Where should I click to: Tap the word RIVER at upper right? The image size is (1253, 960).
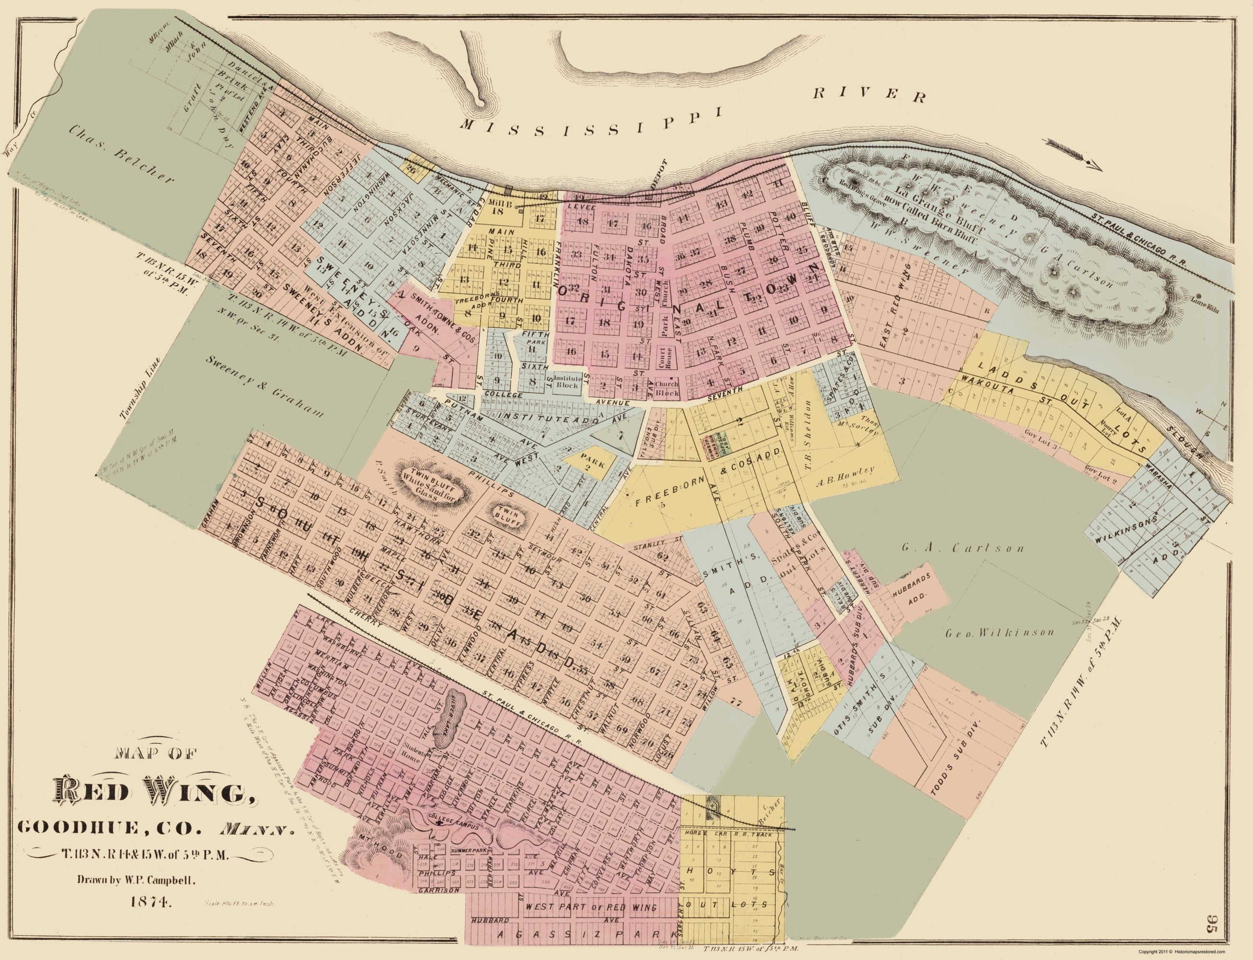pos(867,96)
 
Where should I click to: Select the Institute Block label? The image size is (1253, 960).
pos(568,381)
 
